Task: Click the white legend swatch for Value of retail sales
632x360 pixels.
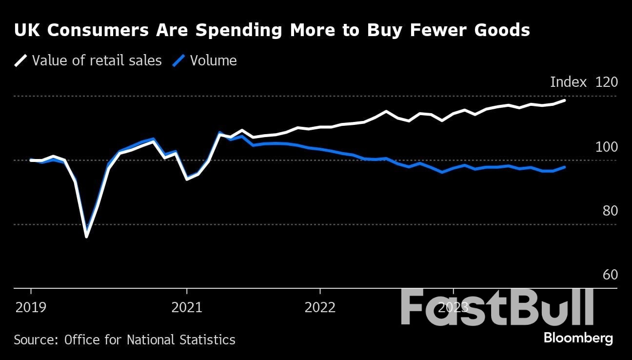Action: click(x=20, y=60)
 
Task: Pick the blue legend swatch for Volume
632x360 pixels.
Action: click(x=179, y=60)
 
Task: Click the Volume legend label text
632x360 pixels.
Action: click(x=213, y=60)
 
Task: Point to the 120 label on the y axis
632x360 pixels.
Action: click(x=606, y=82)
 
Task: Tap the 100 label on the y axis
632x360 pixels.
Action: click(x=606, y=147)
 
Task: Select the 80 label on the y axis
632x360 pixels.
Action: click(x=610, y=211)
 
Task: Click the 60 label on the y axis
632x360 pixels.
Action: click(x=610, y=275)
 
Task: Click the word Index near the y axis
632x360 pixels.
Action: click(x=568, y=82)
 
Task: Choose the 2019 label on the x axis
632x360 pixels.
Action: click(x=31, y=307)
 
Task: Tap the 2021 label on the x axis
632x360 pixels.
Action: click(x=187, y=307)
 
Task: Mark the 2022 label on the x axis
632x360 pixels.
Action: click(x=320, y=307)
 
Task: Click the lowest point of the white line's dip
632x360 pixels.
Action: click(x=86, y=237)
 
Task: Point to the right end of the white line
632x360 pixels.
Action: click(x=565, y=100)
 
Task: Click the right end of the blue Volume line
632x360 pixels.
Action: click(x=565, y=167)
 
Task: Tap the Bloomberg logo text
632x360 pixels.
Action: click(x=578, y=338)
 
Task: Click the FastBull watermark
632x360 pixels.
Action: click(x=497, y=307)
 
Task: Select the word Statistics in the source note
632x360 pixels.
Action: click(x=211, y=340)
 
